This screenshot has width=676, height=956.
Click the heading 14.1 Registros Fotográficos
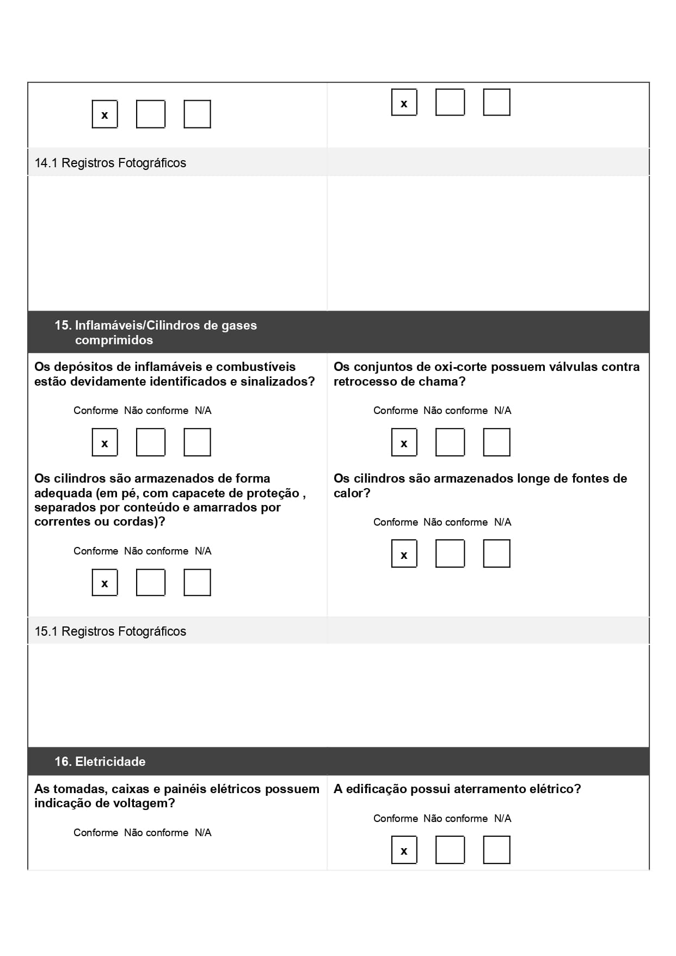coord(110,163)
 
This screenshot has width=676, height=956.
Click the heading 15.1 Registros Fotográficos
coord(110,631)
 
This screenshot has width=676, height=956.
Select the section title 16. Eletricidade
coord(100,762)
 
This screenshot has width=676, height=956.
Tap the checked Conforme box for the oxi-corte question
coord(404,442)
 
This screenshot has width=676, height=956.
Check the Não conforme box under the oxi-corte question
coord(450,442)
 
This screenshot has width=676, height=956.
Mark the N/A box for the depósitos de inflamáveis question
coord(197,442)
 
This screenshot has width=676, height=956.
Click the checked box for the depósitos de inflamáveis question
coord(105,442)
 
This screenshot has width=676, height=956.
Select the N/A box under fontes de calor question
coord(496,553)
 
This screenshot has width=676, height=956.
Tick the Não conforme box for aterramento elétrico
coord(450,850)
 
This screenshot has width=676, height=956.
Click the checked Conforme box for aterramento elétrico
coord(404,850)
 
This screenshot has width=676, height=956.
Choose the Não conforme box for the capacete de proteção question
coord(150,583)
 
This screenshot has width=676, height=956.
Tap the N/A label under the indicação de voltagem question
coord(203,832)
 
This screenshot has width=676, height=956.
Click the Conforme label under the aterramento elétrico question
coord(395,818)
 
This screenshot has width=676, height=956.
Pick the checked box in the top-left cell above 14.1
coord(105,114)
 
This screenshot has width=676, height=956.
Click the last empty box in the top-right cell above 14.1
coord(496,102)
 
